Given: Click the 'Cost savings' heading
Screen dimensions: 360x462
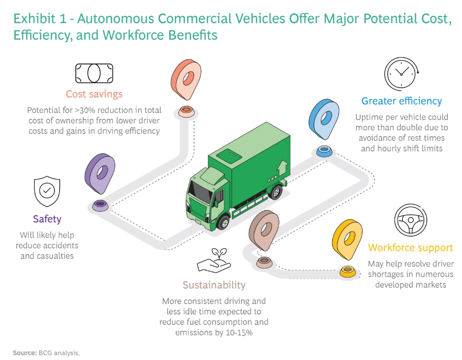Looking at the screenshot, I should click(94, 94).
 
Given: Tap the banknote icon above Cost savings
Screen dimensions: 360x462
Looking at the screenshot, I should click(94, 73).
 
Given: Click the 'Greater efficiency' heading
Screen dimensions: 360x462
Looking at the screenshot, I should click(402, 101).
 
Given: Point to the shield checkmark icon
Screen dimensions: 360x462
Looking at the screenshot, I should click(46, 190).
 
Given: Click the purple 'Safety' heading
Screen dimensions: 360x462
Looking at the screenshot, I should click(47, 219).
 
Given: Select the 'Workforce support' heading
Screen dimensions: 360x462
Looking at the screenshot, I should click(410, 248).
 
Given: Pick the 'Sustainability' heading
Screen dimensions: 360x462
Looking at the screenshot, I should click(214, 285).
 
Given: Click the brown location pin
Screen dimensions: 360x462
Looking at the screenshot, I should click(264, 230).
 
